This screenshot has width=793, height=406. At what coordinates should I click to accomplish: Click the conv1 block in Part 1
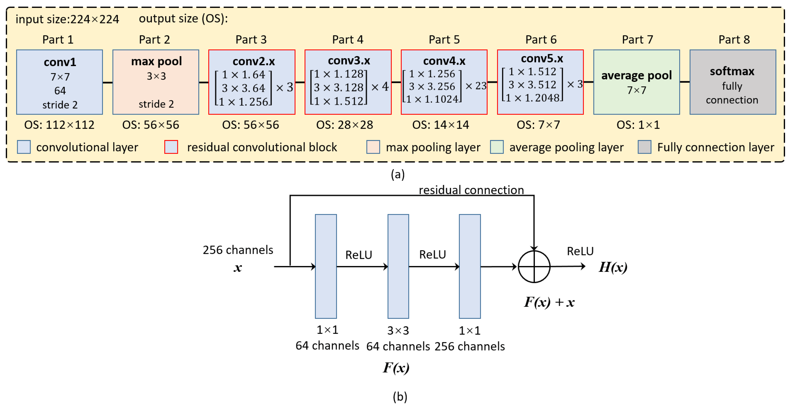click(x=59, y=82)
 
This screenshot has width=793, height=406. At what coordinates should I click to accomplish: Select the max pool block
click(x=156, y=82)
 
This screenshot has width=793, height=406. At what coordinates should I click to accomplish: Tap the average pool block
click(x=636, y=82)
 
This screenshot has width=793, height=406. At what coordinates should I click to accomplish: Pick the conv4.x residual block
click(x=444, y=82)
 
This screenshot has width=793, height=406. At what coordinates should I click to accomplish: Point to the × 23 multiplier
click(x=476, y=86)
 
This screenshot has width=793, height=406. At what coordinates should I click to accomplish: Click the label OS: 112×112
click(x=59, y=125)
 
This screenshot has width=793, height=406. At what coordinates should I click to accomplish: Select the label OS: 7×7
click(x=538, y=125)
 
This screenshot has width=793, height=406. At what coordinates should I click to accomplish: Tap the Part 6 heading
click(x=541, y=40)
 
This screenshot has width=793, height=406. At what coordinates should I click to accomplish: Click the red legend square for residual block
click(x=171, y=147)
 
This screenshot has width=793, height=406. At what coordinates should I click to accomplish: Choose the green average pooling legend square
click(x=497, y=147)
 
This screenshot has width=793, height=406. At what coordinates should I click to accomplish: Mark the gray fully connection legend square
click(x=644, y=147)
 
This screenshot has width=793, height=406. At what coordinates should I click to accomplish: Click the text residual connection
click(x=471, y=190)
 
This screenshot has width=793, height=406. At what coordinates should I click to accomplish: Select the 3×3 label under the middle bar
click(x=398, y=331)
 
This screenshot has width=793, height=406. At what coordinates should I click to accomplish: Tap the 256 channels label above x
click(x=238, y=250)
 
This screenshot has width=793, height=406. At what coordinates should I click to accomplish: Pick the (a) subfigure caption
click(x=397, y=174)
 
